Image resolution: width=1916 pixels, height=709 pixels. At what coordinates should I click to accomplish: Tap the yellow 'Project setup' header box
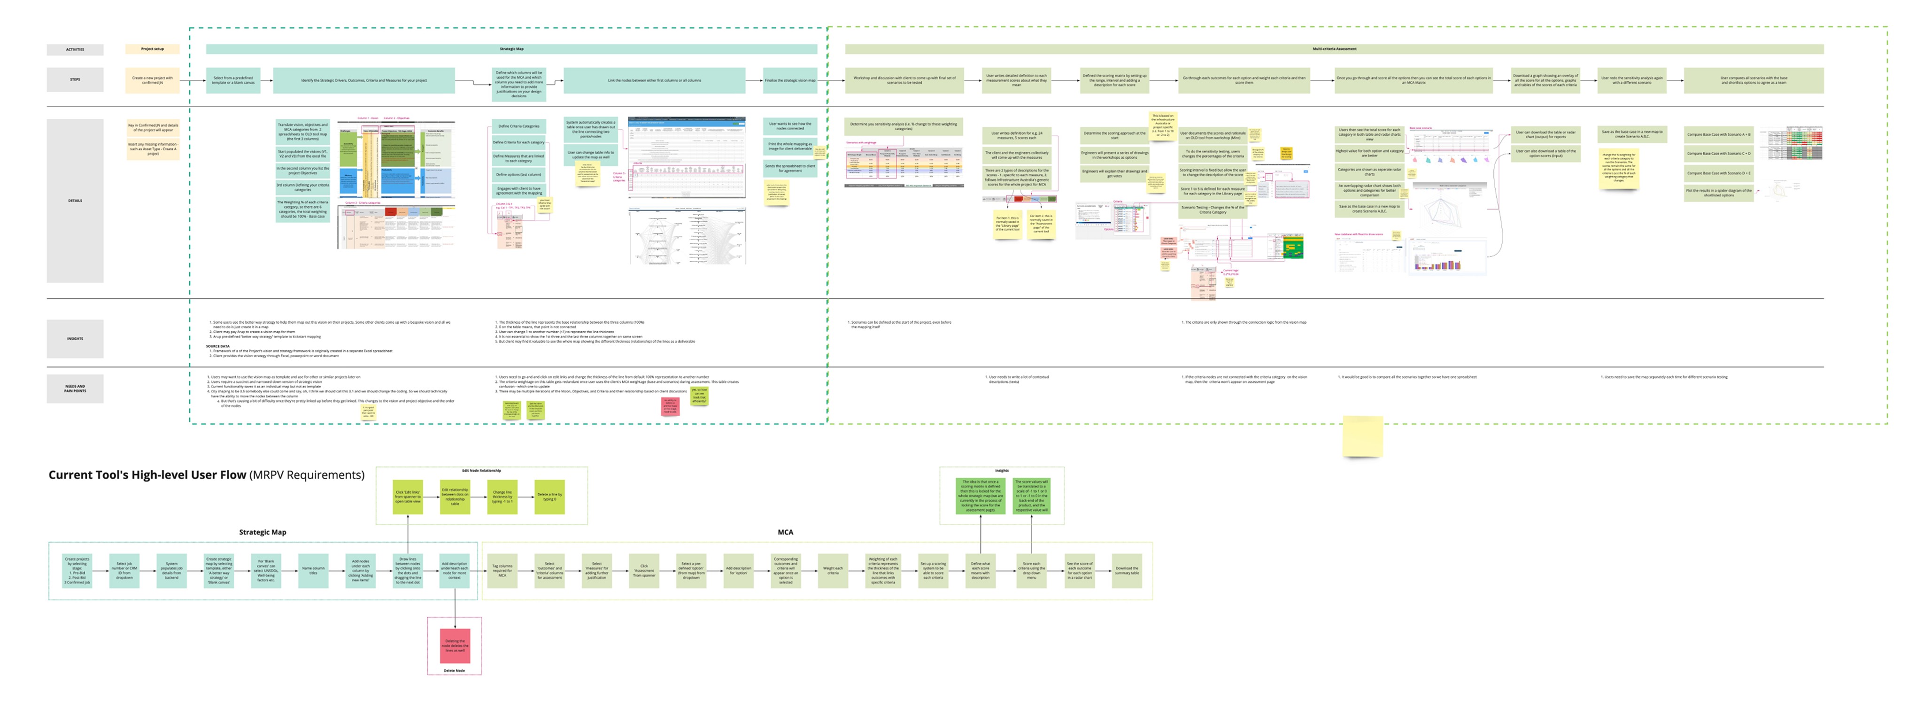click(153, 49)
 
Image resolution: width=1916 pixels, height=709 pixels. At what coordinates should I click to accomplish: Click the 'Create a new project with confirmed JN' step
click(153, 79)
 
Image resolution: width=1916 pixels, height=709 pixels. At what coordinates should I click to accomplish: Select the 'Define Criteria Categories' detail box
click(518, 126)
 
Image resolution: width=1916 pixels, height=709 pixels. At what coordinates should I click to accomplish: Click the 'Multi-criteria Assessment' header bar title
click(1334, 49)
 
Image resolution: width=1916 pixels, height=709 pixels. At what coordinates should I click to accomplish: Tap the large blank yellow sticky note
click(1362, 436)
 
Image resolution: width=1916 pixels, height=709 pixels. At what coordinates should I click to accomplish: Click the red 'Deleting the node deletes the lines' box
click(455, 646)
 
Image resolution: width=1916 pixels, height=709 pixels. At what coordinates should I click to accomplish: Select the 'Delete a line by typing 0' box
click(549, 496)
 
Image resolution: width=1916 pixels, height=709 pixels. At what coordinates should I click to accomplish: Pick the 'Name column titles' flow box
click(313, 570)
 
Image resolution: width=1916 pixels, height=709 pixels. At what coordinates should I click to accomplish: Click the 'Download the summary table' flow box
click(1126, 570)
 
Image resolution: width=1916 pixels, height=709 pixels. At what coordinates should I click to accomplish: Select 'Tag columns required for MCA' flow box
click(502, 570)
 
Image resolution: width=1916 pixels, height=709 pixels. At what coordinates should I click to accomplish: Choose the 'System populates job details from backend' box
click(172, 570)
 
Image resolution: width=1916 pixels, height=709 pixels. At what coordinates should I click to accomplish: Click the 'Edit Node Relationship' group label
click(481, 471)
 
